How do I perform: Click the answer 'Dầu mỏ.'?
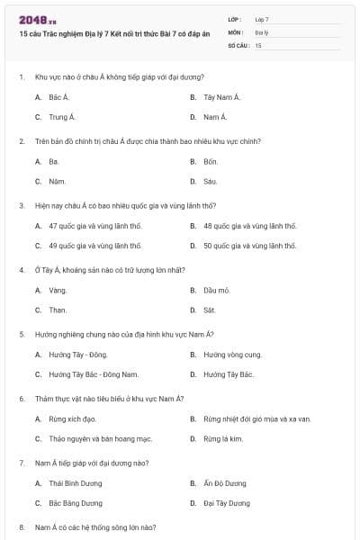[x=217, y=290]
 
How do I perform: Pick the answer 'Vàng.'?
[x=58, y=290]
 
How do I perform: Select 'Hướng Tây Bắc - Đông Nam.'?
[x=94, y=374]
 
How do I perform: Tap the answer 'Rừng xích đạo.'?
[x=72, y=418]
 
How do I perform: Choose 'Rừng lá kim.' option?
[x=223, y=438]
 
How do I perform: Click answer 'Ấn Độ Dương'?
[x=225, y=483]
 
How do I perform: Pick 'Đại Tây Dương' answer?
[x=227, y=503]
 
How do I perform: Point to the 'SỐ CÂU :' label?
[x=238, y=44]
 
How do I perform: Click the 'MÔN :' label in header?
[x=235, y=31]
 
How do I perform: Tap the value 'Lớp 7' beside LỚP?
[x=262, y=19]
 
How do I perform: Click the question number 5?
[x=22, y=334]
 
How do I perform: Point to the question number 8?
[x=22, y=526]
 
